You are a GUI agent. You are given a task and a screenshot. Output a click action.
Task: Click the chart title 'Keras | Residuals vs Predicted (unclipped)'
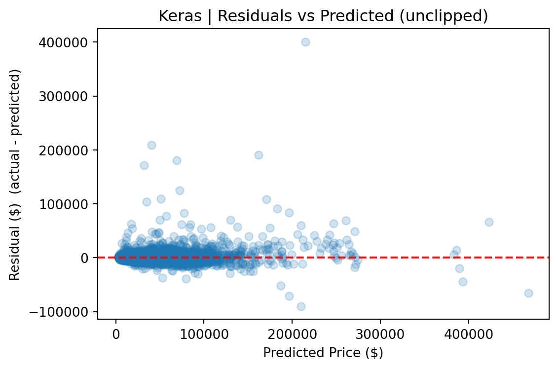point(323,16)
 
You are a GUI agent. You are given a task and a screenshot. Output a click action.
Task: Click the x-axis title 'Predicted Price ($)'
point(323,353)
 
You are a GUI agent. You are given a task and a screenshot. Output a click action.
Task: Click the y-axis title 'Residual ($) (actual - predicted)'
point(15,175)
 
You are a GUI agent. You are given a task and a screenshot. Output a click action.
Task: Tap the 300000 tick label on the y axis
point(63,96)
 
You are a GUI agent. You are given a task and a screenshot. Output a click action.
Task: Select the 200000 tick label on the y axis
point(63,150)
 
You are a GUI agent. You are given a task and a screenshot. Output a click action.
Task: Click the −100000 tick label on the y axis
point(58,312)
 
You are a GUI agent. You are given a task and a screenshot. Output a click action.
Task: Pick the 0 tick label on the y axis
point(84,258)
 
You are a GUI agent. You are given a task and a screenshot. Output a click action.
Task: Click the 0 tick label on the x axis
point(116,334)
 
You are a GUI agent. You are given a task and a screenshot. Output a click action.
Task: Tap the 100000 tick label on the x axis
point(204,334)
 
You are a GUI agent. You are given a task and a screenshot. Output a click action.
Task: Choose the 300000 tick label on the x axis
point(380,334)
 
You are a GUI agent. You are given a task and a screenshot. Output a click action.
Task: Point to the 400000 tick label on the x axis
point(468,334)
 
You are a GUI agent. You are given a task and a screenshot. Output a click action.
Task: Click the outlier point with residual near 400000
point(305,42)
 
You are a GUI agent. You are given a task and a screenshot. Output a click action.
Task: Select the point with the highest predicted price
point(528,293)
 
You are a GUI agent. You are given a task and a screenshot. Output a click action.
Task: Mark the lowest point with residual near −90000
point(301,306)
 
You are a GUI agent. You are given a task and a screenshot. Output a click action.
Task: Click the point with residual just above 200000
point(151,145)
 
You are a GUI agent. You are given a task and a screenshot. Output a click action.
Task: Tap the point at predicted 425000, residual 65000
point(489,222)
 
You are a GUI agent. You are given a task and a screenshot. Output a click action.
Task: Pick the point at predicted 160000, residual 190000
point(259,155)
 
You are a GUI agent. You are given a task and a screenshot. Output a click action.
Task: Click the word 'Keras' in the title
point(180,16)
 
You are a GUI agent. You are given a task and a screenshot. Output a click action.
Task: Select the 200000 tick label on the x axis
point(292,334)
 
